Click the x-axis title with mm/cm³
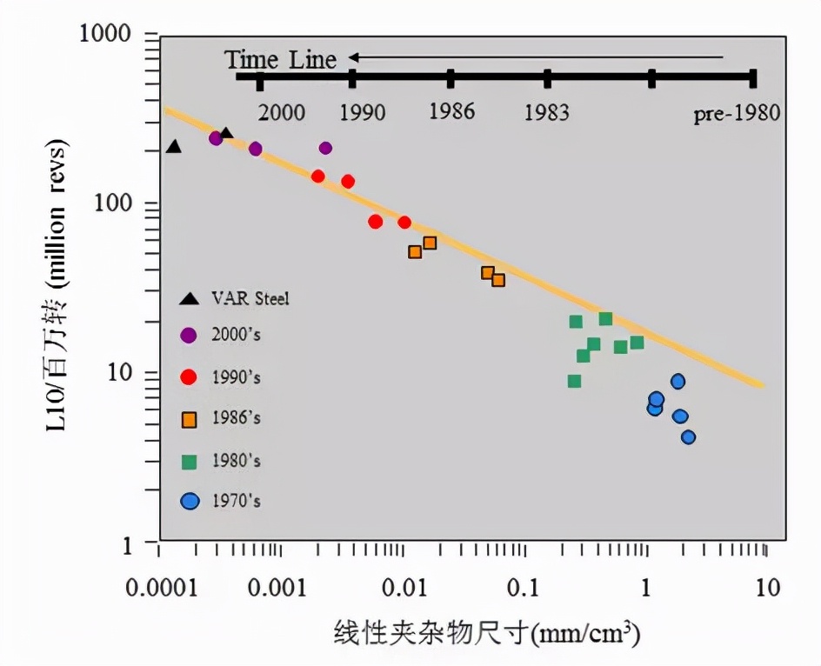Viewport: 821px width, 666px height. [487, 632]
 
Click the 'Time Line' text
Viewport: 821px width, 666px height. [280, 59]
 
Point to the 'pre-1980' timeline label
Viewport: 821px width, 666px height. [737, 114]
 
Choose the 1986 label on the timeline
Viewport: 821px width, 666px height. [451, 112]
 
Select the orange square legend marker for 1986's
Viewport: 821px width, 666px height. [189, 419]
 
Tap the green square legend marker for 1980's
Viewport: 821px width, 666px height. [189, 461]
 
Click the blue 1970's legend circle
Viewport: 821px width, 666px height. [189, 502]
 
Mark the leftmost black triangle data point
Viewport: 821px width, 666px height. [174, 147]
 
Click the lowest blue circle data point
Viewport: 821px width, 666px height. [688, 437]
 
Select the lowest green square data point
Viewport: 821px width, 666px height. [574, 381]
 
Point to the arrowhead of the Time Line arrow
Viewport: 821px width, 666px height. [354, 58]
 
